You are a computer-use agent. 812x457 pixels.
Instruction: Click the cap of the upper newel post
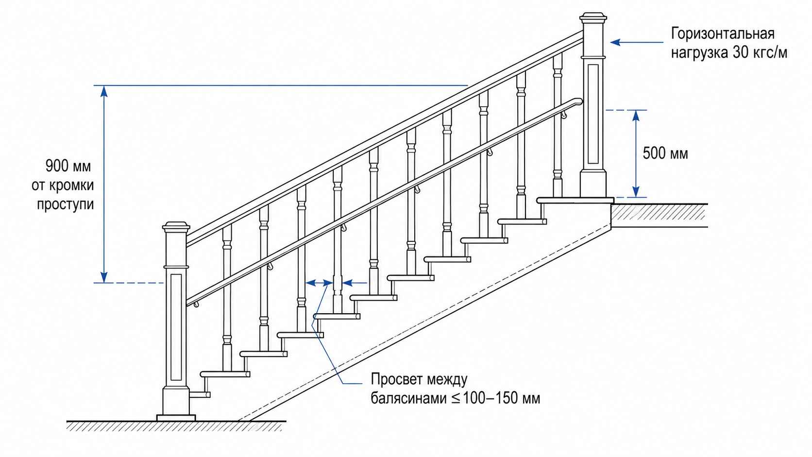(593, 17)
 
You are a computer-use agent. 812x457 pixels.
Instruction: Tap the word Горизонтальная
(723, 34)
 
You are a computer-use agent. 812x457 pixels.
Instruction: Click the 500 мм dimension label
(665, 153)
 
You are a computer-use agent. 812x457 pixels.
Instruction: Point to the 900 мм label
(68, 166)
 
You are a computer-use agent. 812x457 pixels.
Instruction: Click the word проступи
(65, 204)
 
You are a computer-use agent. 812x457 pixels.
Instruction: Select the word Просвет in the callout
(397, 379)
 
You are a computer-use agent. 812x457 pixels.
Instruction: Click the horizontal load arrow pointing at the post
(637, 42)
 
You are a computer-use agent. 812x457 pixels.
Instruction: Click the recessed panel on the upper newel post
(593, 114)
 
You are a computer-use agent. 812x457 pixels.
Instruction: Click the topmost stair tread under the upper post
(575, 201)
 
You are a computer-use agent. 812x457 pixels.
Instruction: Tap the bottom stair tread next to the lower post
(200, 394)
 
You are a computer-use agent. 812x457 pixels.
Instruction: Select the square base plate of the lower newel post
(176, 418)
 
